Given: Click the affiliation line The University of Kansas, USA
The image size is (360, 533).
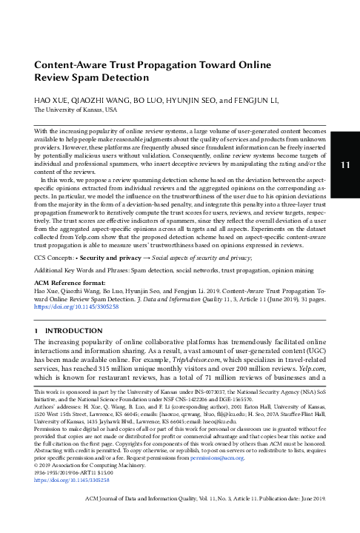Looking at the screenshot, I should point(76,109).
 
